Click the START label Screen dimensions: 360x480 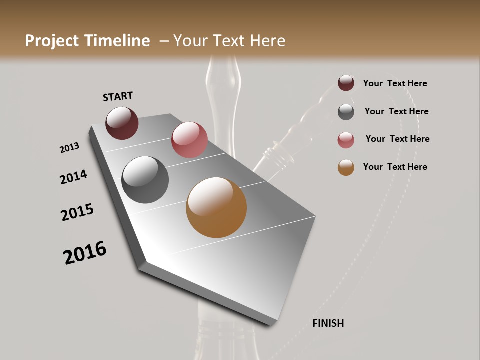(x=118, y=96)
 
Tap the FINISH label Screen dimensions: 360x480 (x=328, y=323)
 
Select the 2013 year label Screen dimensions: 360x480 (x=69, y=148)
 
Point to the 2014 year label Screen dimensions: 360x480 (x=73, y=177)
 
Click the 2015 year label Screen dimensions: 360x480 (x=77, y=212)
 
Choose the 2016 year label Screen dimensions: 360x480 (x=85, y=253)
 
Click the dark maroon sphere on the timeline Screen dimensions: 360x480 (x=122, y=123)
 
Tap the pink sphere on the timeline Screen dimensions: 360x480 (x=189, y=139)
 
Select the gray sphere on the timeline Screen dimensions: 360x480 (x=145, y=180)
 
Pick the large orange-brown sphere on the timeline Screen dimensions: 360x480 (x=216, y=207)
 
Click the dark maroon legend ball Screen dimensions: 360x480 (x=346, y=83)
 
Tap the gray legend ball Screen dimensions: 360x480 (x=346, y=112)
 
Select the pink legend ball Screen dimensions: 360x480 (x=346, y=140)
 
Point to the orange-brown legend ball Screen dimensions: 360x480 (x=346, y=167)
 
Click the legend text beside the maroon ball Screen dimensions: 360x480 (x=395, y=83)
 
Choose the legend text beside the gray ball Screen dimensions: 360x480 (x=396, y=111)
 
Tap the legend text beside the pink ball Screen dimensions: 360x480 (x=397, y=139)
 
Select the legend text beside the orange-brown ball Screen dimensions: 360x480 (x=395, y=167)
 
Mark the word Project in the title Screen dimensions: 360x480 (x=51, y=41)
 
